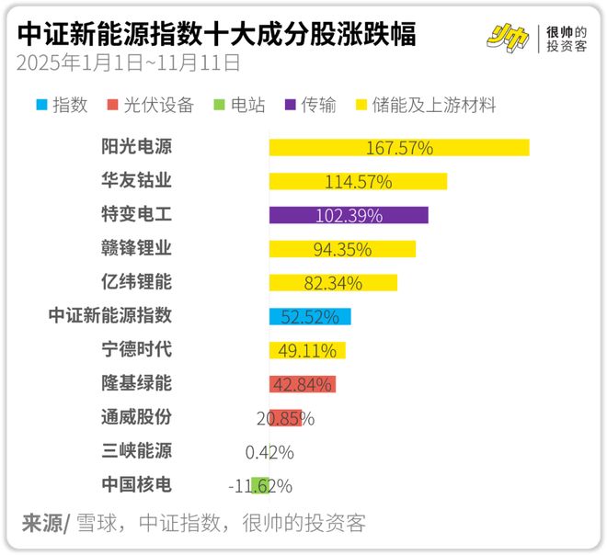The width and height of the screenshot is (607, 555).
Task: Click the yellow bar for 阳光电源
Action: pos(398,148)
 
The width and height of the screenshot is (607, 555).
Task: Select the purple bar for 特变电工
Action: pos(349,215)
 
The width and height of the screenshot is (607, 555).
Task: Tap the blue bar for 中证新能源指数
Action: pos(310,317)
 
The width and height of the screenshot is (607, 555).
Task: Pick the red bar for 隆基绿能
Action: pos(302,384)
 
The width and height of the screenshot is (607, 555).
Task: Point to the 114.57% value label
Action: pos(359,182)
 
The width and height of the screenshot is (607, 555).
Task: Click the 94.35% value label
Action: pos(342,249)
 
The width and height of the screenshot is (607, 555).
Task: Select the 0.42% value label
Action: pos(269,452)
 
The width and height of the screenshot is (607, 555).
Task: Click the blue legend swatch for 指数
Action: pos(41,106)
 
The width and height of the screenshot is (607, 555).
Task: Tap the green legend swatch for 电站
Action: pos(217,106)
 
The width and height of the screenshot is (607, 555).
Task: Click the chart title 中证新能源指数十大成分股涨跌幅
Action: pos(217,35)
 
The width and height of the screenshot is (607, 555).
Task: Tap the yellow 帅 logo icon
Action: pos(508,37)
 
